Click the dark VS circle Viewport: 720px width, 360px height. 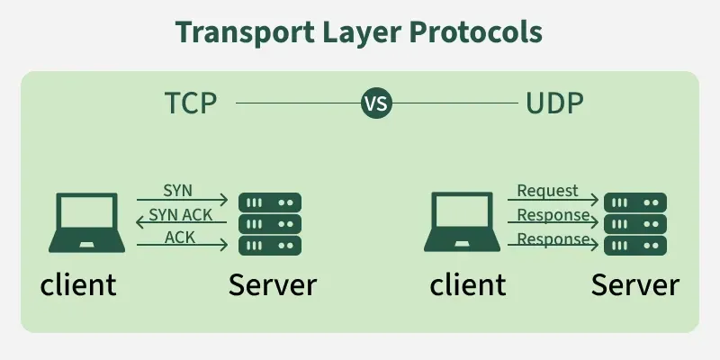[376, 103]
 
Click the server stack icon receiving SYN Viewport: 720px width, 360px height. [269, 224]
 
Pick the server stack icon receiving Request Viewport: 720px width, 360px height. [634, 224]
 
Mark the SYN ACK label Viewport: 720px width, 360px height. [180, 214]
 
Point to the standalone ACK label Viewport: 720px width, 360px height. [180, 237]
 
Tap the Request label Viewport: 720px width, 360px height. [547, 191]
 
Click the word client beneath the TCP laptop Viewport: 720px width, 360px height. [78, 284]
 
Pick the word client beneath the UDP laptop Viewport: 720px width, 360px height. [467, 284]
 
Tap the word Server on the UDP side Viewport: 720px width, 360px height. [634, 284]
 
